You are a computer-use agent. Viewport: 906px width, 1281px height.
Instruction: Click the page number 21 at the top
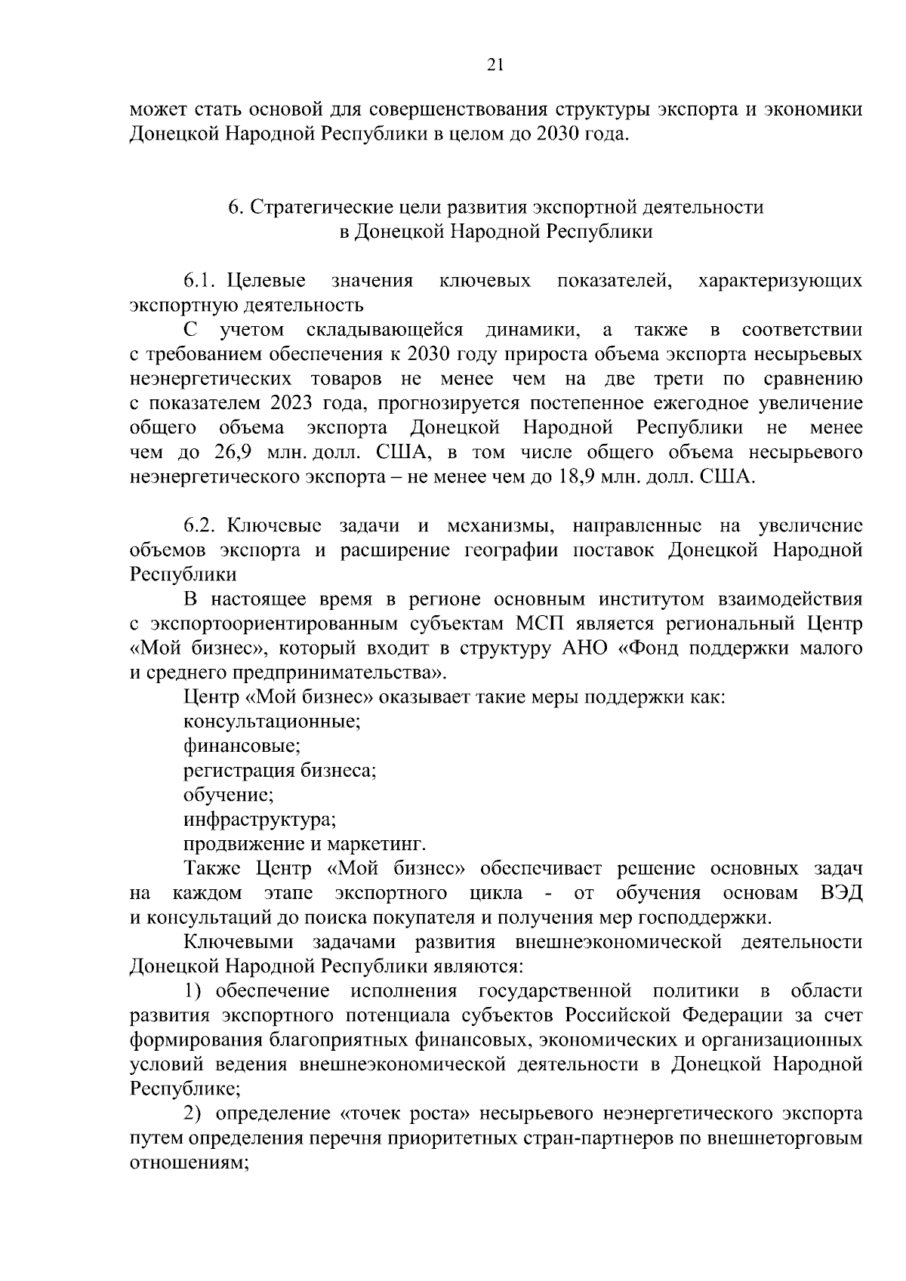(495, 65)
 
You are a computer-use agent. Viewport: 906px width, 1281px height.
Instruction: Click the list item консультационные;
(272, 722)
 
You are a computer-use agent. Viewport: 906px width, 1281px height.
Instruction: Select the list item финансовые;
(242, 746)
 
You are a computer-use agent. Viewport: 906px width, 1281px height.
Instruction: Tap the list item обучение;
(228, 795)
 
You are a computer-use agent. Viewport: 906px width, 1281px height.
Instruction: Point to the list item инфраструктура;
(260, 820)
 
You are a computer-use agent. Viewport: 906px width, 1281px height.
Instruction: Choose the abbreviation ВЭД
(840, 893)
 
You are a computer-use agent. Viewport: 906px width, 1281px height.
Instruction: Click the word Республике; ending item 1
(185, 1089)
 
